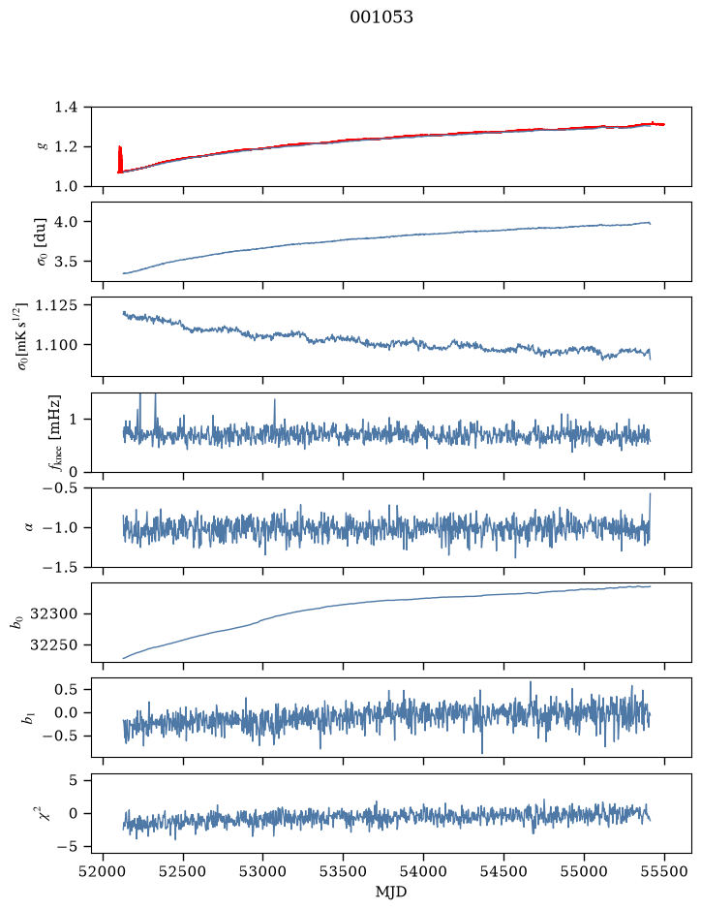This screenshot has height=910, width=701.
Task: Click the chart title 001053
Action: pos(381,17)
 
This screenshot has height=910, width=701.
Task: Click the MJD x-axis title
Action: pos(391,892)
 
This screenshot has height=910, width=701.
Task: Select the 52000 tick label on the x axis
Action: pos(104,871)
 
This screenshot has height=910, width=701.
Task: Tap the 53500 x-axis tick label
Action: pos(344,871)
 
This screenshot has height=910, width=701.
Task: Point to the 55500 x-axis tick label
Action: pos(664,871)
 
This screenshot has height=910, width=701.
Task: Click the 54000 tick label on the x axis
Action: pos(423,871)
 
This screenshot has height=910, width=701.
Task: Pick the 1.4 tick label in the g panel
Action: pos(66,107)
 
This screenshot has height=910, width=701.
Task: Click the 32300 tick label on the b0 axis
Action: pos(53,614)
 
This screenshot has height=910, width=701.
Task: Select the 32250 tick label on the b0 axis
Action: pos(53,644)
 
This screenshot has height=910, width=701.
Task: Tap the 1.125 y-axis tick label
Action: pos(57,305)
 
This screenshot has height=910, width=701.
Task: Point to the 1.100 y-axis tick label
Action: pos(57,345)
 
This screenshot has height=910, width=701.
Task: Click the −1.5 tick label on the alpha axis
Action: pos(60,567)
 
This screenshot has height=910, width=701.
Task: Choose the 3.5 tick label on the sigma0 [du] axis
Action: pos(66,261)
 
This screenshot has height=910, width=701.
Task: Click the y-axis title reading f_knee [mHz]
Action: pos(54,432)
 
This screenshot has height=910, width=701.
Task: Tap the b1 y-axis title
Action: pos(27,717)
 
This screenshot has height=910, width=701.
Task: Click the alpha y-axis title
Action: pos(29,527)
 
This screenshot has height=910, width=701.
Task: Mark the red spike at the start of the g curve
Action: pos(120,159)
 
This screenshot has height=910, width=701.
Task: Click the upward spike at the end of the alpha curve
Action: pos(650,511)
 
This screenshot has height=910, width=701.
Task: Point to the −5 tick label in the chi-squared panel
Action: pos(67,847)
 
